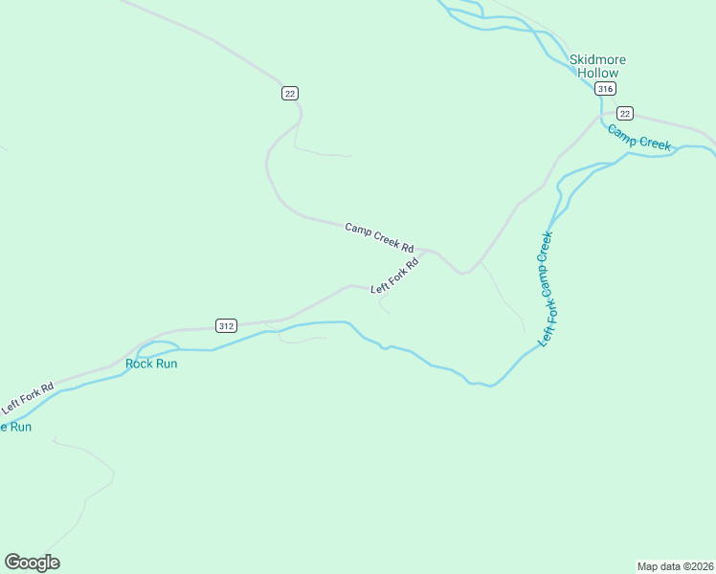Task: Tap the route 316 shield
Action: (604, 89)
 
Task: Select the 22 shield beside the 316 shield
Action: (624, 113)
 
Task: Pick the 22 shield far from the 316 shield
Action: (290, 93)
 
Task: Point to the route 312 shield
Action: (226, 325)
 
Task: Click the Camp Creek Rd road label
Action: (379, 236)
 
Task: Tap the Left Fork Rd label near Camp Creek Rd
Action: (395, 275)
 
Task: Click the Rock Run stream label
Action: (151, 364)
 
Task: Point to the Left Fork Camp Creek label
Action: (547, 288)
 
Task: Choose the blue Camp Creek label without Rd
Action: (639, 137)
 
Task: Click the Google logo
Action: (32, 563)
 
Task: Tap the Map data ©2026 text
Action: (676, 566)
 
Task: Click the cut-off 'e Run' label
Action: (15, 427)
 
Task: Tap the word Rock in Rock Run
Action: (139, 364)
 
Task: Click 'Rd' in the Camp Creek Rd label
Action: (407, 246)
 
